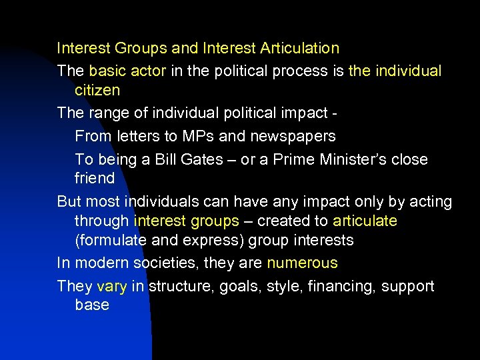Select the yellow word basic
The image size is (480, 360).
107,71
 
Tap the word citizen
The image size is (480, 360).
97,89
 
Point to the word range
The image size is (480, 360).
108,113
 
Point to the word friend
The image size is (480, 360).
95,178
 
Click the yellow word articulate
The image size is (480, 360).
365,221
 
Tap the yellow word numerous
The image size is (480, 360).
302,263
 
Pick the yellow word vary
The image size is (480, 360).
111,286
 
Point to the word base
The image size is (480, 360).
92,305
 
